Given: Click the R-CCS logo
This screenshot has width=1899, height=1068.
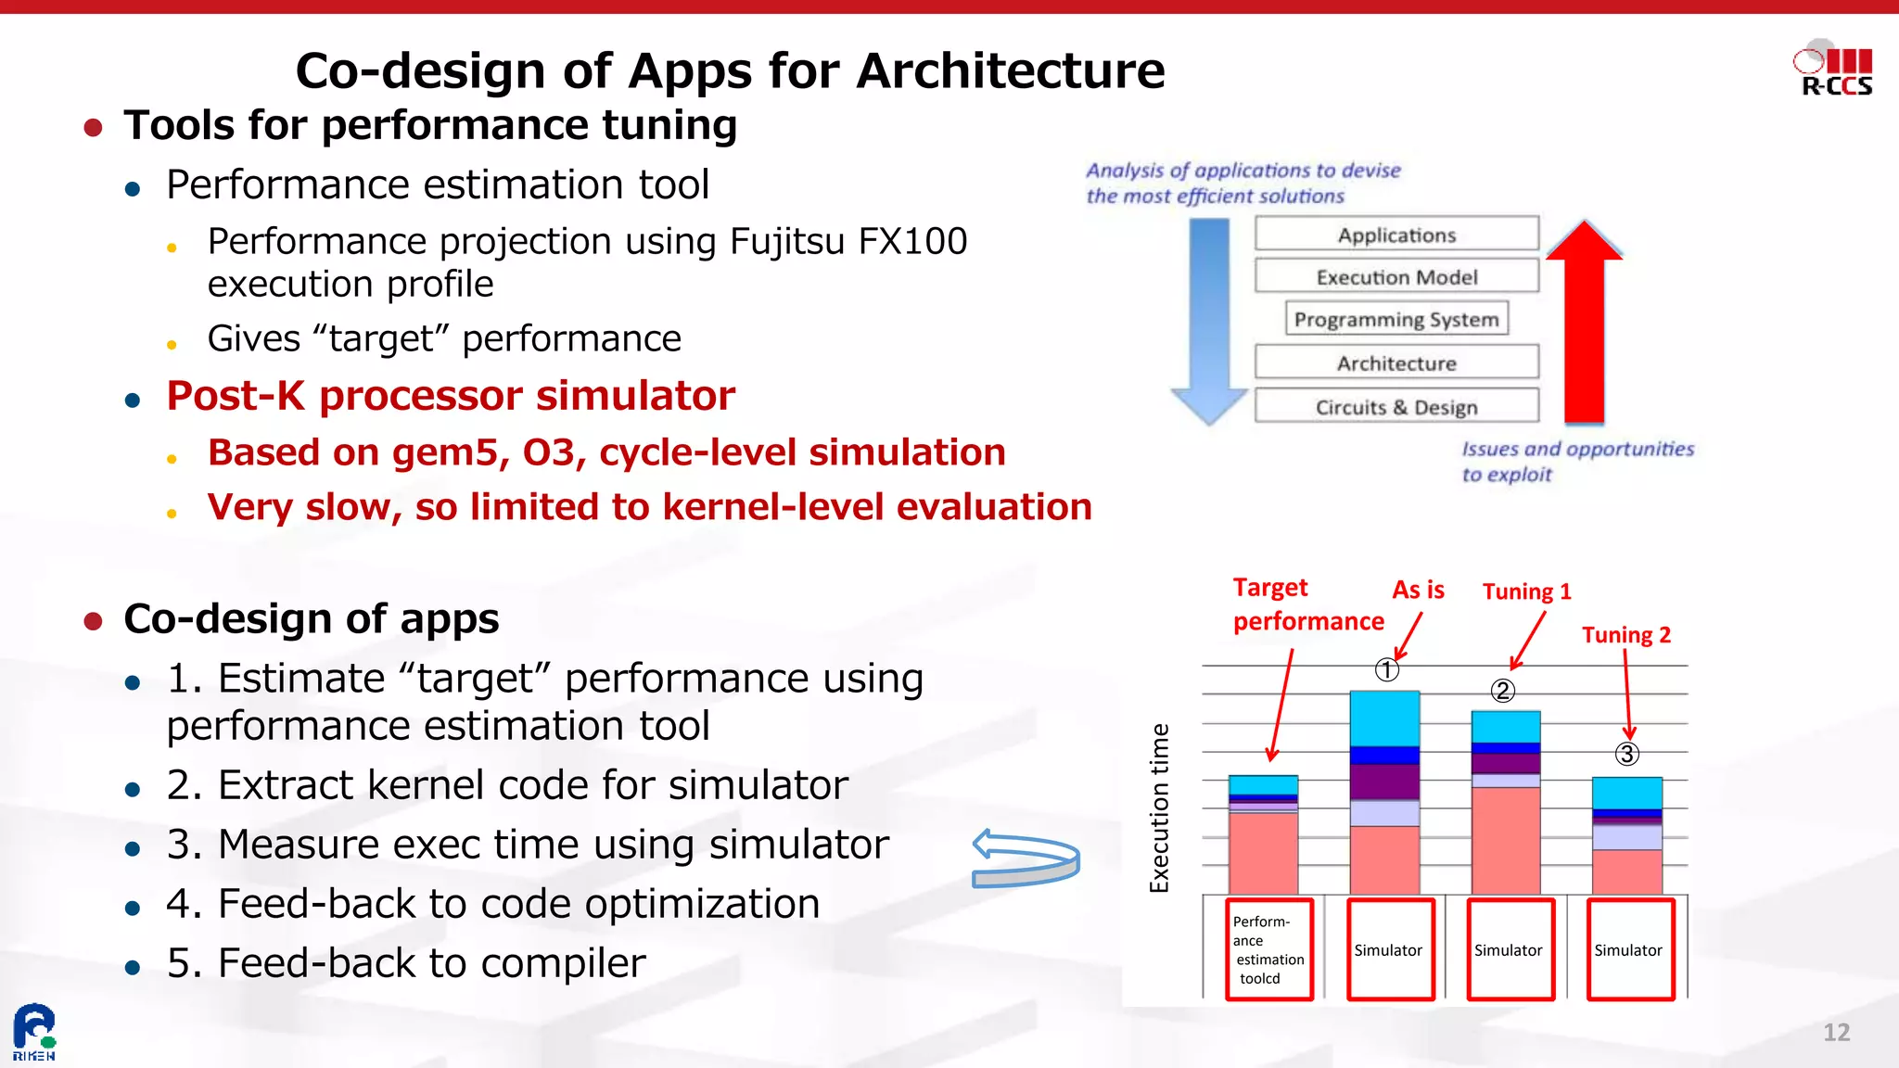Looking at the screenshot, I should (x=1833, y=69).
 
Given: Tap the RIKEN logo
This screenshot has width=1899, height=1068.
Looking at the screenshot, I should (x=34, y=1032).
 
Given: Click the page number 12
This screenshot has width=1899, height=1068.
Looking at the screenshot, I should (x=1836, y=1033).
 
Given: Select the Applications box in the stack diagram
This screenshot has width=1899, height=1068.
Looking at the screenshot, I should (x=1396, y=235).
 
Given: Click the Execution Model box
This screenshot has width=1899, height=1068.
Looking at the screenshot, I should (x=1396, y=276).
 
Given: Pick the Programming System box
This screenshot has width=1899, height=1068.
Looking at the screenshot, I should (x=1396, y=319).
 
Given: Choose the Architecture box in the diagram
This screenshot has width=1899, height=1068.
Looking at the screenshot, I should (x=1396, y=362).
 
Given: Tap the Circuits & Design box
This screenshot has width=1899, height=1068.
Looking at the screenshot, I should (x=1396, y=407).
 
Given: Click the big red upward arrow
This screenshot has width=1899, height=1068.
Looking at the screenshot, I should (x=1585, y=324).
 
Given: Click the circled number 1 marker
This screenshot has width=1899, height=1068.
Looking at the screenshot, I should (x=1386, y=669).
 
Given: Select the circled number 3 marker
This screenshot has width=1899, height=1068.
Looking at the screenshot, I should (x=1626, y=754).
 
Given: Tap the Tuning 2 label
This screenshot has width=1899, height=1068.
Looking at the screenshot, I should (x=1625, y=635).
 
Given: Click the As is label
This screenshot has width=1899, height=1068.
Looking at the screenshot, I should (x=1418, y=590).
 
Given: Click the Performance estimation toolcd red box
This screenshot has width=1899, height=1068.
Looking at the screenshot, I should (x=1269, y=949).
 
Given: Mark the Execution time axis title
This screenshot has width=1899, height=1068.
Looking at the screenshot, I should (x=1159, y=807).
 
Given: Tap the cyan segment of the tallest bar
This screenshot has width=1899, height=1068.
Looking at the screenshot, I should (x=1384, y=718).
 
